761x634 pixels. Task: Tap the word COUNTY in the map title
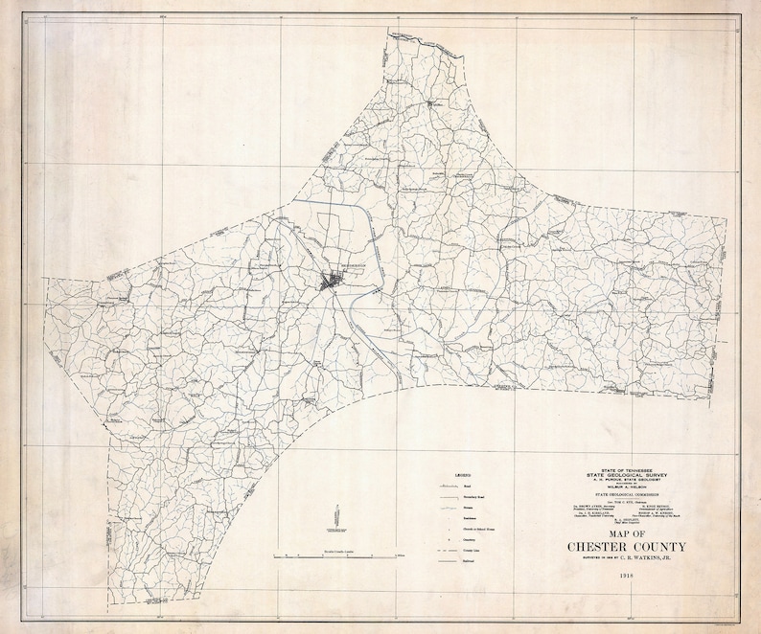tap(674, 547)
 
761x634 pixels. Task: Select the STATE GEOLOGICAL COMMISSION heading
tap(632, 495)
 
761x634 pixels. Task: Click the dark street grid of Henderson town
tap(334, 282)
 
